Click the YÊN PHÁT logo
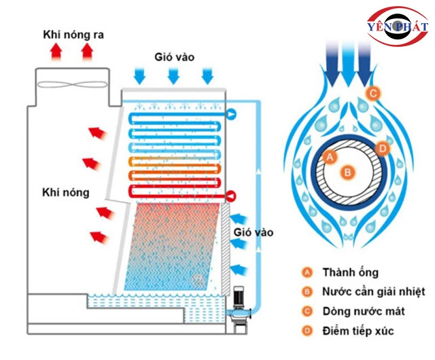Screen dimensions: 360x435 [x=397, y=26]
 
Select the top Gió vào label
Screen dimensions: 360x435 [x=173, y=57]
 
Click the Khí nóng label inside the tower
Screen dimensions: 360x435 [x=65, y=192]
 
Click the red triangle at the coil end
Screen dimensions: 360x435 [x=231, y=196]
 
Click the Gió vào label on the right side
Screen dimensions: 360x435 [x=253, y=232]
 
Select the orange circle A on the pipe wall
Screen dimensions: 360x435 [x=331, y=158]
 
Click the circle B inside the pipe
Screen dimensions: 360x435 [x=347, y=173]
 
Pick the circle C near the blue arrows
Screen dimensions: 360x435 [x=372, y=92]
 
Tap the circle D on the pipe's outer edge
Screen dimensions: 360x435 [x=383, y=147]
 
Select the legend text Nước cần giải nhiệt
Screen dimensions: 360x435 [x=374, y=292]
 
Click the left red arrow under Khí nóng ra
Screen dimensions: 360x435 [x=57, y=52]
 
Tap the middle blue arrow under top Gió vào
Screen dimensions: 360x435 [x=173, y=75]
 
